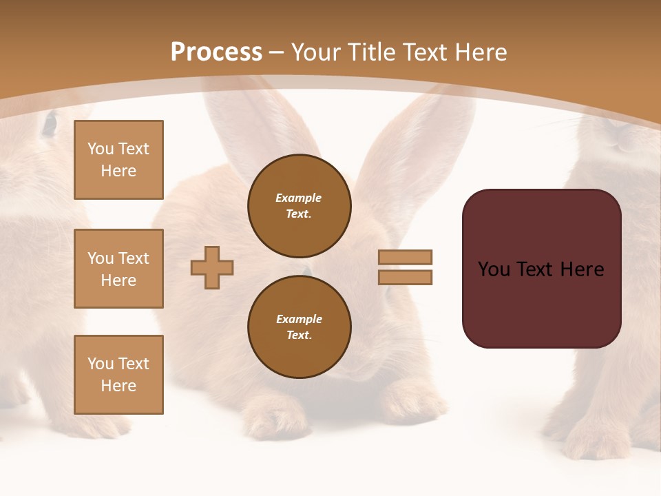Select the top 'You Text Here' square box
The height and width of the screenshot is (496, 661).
click(118, 160)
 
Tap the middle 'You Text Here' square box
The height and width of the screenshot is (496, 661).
click(118, 269)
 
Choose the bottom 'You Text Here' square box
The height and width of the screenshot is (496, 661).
click(118, 375)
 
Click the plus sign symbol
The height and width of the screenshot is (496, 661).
click(212, 267)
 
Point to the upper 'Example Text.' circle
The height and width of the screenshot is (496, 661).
click(300, 206)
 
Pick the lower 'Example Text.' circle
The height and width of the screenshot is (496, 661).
click(300, 327)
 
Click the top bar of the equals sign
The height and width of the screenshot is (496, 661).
click(405, 257)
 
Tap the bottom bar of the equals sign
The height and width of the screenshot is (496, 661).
click(405, 277)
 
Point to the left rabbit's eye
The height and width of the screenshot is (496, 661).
click(49, 124)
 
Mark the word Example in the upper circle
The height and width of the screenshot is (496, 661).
click(299, 198)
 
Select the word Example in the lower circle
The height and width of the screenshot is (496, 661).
click(299, 320)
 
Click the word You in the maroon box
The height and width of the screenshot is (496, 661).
click(494, 269)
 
